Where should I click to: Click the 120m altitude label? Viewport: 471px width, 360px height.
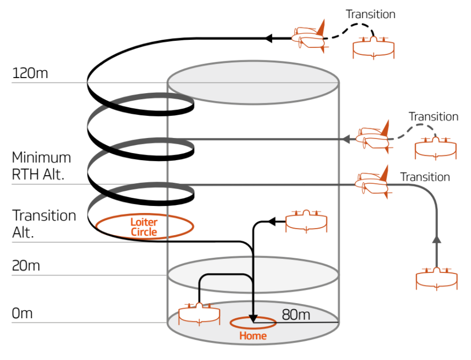30,73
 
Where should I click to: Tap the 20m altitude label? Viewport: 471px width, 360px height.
26,265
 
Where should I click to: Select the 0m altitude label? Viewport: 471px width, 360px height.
22,313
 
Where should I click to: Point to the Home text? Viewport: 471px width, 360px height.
253,336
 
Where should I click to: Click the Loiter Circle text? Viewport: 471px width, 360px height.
144,227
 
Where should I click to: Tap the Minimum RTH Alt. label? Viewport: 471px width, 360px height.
41,165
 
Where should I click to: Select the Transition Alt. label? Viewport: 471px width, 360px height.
44,223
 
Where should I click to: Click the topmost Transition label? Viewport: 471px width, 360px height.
370,14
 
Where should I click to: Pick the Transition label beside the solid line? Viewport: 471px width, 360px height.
425,177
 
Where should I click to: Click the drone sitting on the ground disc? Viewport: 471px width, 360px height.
199,315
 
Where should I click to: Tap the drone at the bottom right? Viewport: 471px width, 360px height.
437,278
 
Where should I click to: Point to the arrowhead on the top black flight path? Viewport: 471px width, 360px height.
269,38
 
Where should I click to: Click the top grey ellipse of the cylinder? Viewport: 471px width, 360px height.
253,84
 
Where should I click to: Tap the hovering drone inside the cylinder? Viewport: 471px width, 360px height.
306,222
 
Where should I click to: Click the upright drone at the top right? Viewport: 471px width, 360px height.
373,47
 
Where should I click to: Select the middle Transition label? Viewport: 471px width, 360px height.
433,117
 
